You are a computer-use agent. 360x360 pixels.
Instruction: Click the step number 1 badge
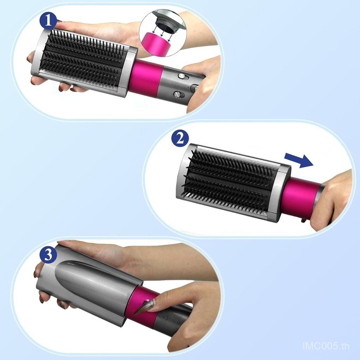click(48, 21)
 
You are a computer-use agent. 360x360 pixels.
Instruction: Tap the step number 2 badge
click(180, 139)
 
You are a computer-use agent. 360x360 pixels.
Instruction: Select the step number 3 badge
click(48, 255)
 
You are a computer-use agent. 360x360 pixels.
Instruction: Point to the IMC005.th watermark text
click(326, 346)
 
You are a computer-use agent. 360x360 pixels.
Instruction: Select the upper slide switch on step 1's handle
click(182, 76)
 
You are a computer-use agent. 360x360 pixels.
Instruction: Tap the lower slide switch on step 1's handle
click(179, 94)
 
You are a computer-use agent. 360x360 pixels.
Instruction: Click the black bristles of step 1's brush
click(83, 60)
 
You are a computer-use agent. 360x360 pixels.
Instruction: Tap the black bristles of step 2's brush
click(230, 177)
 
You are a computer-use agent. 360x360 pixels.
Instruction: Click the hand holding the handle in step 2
click(333, 200)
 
